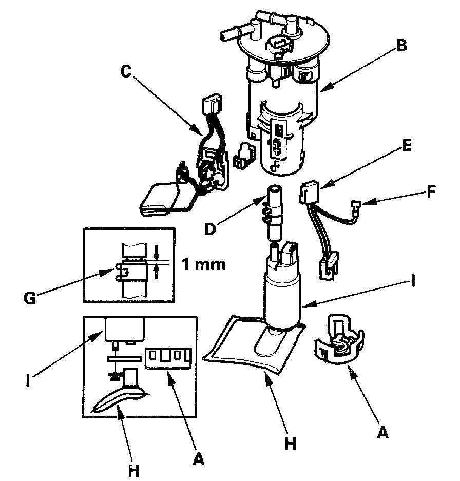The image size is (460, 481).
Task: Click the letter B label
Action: [401, 46]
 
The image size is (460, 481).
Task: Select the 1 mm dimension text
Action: [203, 266]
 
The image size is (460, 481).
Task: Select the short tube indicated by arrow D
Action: [274, 210]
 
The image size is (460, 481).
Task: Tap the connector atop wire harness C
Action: [211, 107]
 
